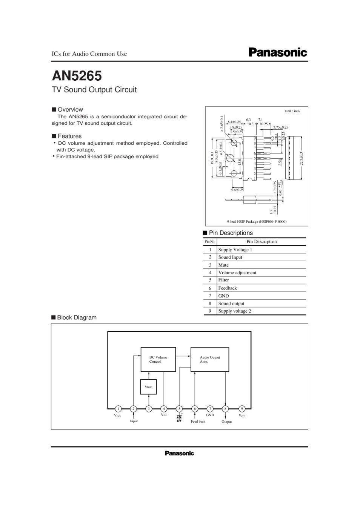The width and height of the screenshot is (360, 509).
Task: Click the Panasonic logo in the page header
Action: [x=278, y=52]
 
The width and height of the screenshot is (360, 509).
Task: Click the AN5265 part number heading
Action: [x=77, y=76]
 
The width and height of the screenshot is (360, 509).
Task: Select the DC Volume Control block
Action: [x=158, y=359]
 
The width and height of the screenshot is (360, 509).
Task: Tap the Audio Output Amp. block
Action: [x=210, y=359]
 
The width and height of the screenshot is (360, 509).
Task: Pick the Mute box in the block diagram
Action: [x=148, y=387]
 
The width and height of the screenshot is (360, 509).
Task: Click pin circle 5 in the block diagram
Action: [x=179, y=409]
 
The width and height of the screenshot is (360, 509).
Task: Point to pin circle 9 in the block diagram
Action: [x=242, y=409]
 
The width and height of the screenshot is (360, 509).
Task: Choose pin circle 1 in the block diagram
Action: [x=118, y=409]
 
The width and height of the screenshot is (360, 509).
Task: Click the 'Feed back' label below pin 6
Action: [x=198, y=422]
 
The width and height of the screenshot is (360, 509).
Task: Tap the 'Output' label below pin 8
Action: [x=226, y=422]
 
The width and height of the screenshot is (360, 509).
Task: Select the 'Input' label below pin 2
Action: [x=134, y=421]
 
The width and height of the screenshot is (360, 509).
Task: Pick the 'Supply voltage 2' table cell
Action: [x=234, y=311]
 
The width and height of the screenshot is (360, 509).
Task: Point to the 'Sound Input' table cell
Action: [x=230, y=257]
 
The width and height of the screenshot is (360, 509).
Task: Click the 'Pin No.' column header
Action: [x=210, y=242]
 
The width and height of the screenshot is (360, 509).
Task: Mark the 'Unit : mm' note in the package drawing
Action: [x=292, y=111]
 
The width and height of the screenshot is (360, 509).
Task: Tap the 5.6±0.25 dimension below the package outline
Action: [x=237, y=190]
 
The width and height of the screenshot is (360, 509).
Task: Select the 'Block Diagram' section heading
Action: [x=77, y=317]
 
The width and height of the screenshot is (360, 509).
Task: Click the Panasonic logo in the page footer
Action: [x=179, y=453]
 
